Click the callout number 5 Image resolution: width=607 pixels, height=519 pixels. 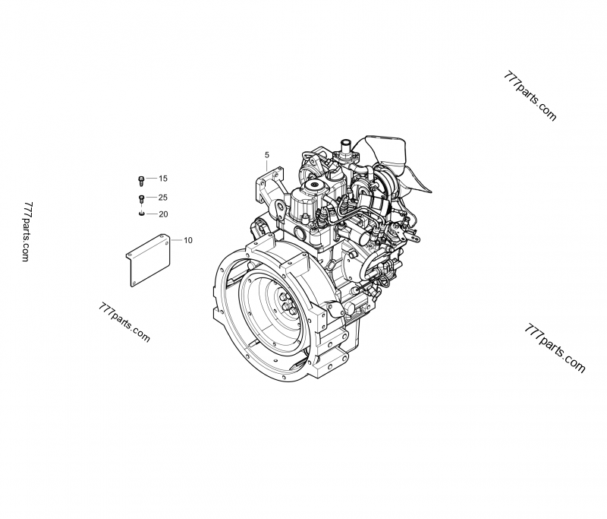pyautogui.click(x=267, y=155)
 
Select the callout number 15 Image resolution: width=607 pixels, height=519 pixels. pyautogui.click(x=163, y=179)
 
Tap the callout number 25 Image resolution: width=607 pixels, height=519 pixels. pyautogui.click(x=163, y=198)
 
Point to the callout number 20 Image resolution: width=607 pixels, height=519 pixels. pyautogui.click(x=163, y=214)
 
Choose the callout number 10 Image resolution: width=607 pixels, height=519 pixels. pyautogui.click(x=187, y=240)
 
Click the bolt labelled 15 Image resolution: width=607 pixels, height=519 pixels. pyautogui.click(x=141, y=180)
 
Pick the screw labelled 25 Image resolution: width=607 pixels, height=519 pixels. pyautogui.click(x=141, y=199)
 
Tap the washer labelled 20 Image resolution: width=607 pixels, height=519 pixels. pyautogui.click(x=141, y=214)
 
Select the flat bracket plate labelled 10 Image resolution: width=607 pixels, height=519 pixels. pyautogui.click(x=148, y=260)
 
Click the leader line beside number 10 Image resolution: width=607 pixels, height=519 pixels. pyautogui.click(x=177, y=240)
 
